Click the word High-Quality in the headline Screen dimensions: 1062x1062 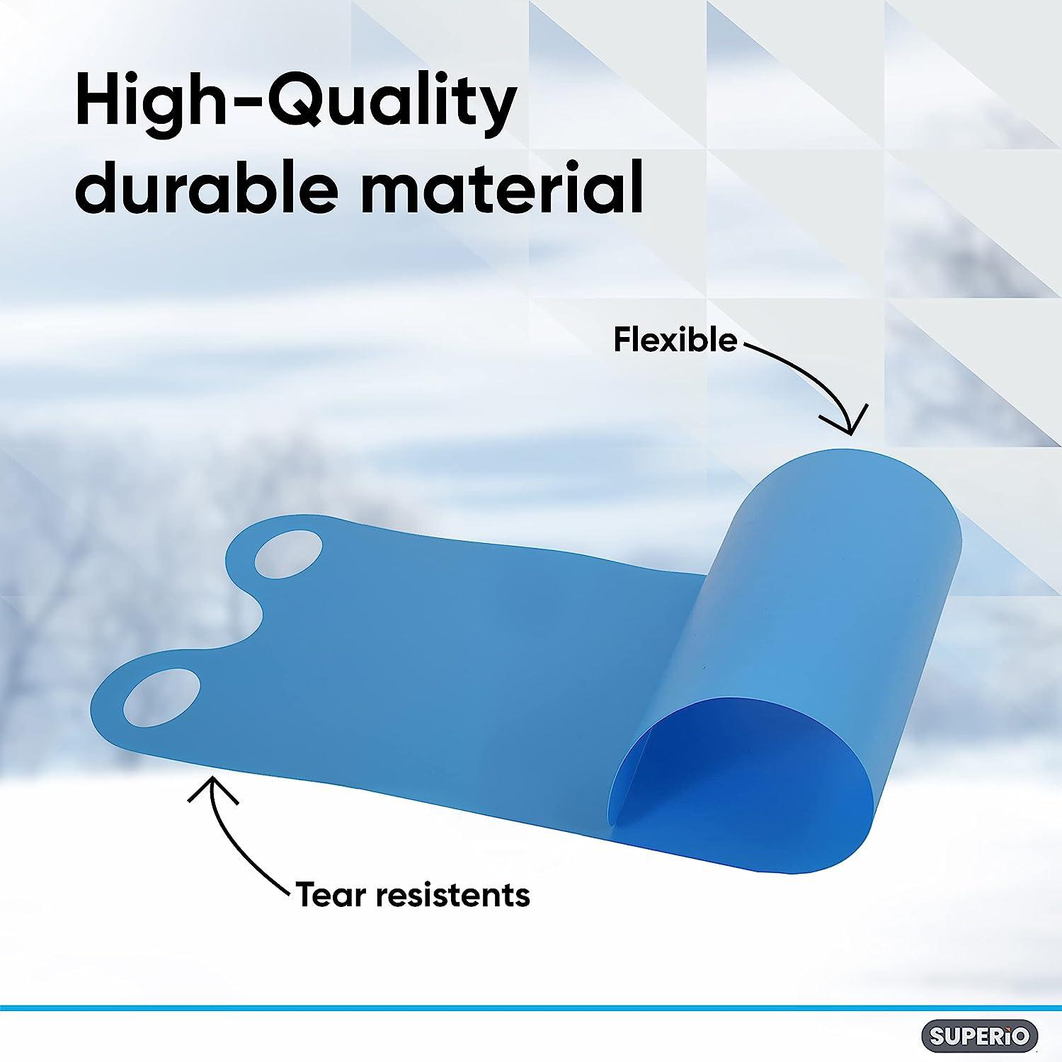[x=295, y=105]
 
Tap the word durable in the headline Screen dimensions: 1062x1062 [x=205, y=187]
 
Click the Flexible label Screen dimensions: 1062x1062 [x=675, y=341]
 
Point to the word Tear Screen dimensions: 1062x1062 [x=331, y=895]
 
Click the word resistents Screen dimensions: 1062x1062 [x=452, y=895]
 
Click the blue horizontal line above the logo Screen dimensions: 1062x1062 [x=531, y=1007]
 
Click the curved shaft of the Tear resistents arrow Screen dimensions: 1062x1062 [x=237, y=850]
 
